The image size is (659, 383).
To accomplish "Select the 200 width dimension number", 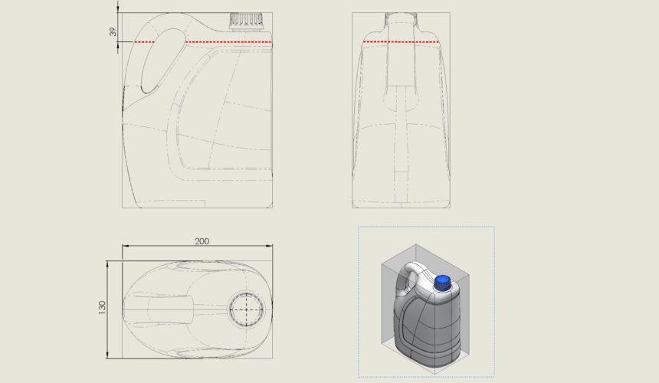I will pos(202,241).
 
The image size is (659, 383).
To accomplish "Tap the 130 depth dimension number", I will pos(102,307).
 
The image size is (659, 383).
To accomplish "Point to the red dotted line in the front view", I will pos(401,41).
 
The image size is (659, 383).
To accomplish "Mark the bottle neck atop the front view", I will pos(401,21).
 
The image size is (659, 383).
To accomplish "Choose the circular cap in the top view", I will pos(247,309).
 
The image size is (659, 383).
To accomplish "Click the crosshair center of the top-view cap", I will pos(247,309).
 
